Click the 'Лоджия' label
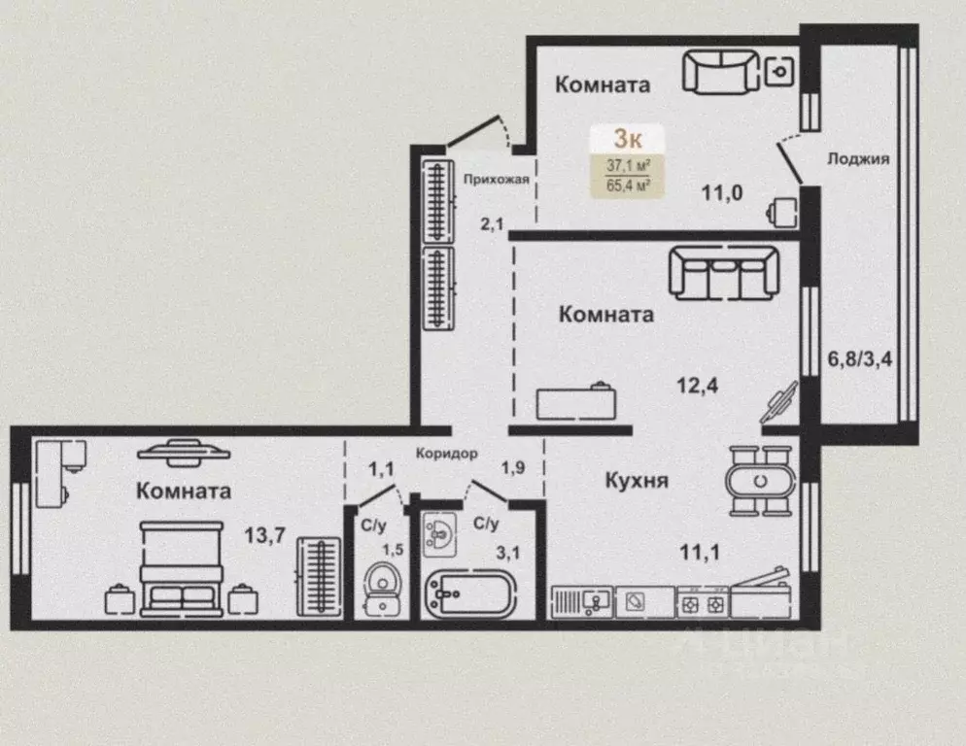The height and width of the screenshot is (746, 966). coord(858,160)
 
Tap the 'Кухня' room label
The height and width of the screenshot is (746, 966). coord(637,481)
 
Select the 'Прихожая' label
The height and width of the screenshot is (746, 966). coord(496,179)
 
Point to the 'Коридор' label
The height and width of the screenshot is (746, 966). coord(446,453)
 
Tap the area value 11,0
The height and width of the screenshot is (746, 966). coord(722,192)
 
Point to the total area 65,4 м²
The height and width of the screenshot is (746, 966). coord(630,183)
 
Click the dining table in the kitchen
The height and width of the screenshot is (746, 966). coord(761,481)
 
